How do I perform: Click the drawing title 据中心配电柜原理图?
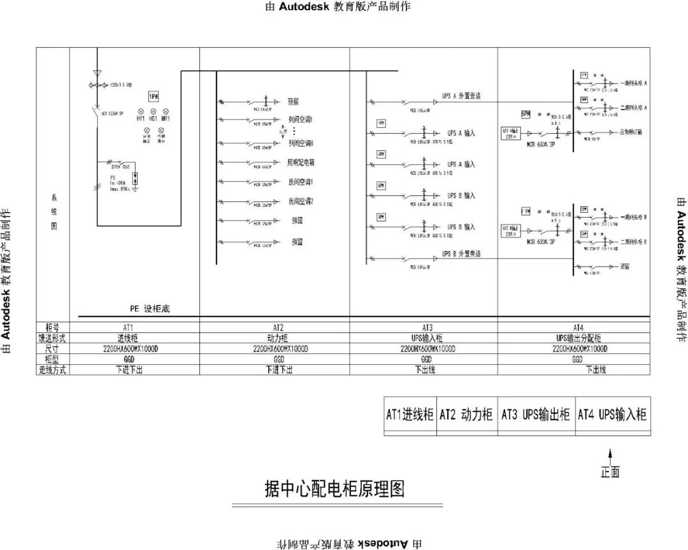[x=334, y=489]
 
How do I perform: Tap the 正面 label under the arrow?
[x=610, y=472]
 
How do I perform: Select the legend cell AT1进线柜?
[x=410, y=415]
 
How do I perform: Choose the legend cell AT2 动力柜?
[x=466, y=415]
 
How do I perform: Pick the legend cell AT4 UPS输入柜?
[x=612, y=415]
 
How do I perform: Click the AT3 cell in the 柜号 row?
[x=424, y=326]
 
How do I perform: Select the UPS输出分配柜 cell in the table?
[x=578, y=338]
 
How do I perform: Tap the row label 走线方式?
[x=52, y=370]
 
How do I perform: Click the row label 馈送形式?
[x=52, y=338]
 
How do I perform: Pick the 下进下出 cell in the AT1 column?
[x=128, y=370]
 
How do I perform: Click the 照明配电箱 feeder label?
[x=301, y=163]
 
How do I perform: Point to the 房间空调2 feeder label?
[x=301, y=202]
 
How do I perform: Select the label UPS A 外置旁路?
[x=461, y=96]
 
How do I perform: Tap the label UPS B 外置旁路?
[x=461, y=254]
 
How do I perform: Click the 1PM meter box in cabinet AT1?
[x=154, y=96]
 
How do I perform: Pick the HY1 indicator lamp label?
[x=140, y=119]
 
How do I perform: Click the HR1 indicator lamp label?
[x=165, y=119]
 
